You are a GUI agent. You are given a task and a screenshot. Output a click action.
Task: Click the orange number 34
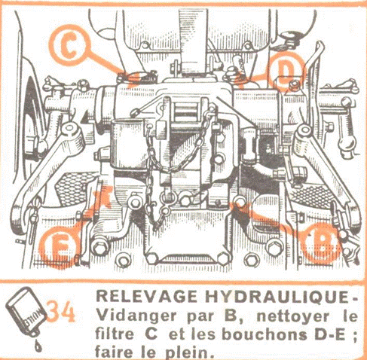[x=61, y=311]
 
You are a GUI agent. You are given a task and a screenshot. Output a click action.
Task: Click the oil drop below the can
[x=38, y=346]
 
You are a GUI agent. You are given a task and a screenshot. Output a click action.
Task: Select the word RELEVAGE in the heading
[x=147, y=297]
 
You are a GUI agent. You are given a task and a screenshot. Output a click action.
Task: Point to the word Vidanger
[x=136, y=316]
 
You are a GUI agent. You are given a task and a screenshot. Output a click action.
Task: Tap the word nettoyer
[x=292, y=316]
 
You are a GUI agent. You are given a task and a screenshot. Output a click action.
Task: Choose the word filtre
[x=115, y=334]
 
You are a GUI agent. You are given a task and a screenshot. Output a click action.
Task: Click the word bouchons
[x=265, y=334]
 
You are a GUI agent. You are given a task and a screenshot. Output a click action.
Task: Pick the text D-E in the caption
[x=330, y=334]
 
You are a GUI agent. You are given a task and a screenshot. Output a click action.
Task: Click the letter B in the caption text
[x=231, y=316]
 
